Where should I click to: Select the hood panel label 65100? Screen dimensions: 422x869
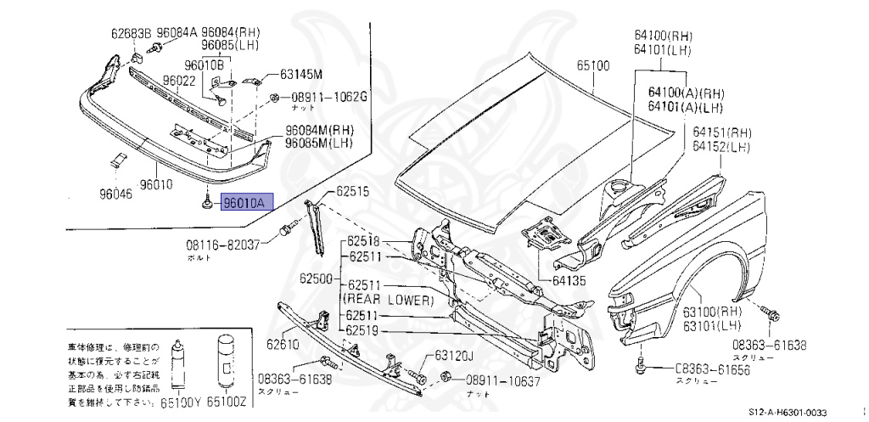pyautogui.click(x=593, y=65)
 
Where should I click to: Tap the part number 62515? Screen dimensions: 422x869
pyautogui.click(x=352, y=192)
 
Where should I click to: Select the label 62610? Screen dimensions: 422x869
pyautogui.click(x=283, y=344)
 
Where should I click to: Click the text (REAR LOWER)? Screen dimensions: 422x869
pyautogui.click(x=387, y=301)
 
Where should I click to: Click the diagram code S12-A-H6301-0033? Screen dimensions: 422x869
pyautogui.click(x=787, y=412)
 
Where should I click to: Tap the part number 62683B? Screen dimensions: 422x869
pyautogui.click(x=130, y=35)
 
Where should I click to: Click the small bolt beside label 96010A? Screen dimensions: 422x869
pyautogui.click(x=207, y=204)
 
